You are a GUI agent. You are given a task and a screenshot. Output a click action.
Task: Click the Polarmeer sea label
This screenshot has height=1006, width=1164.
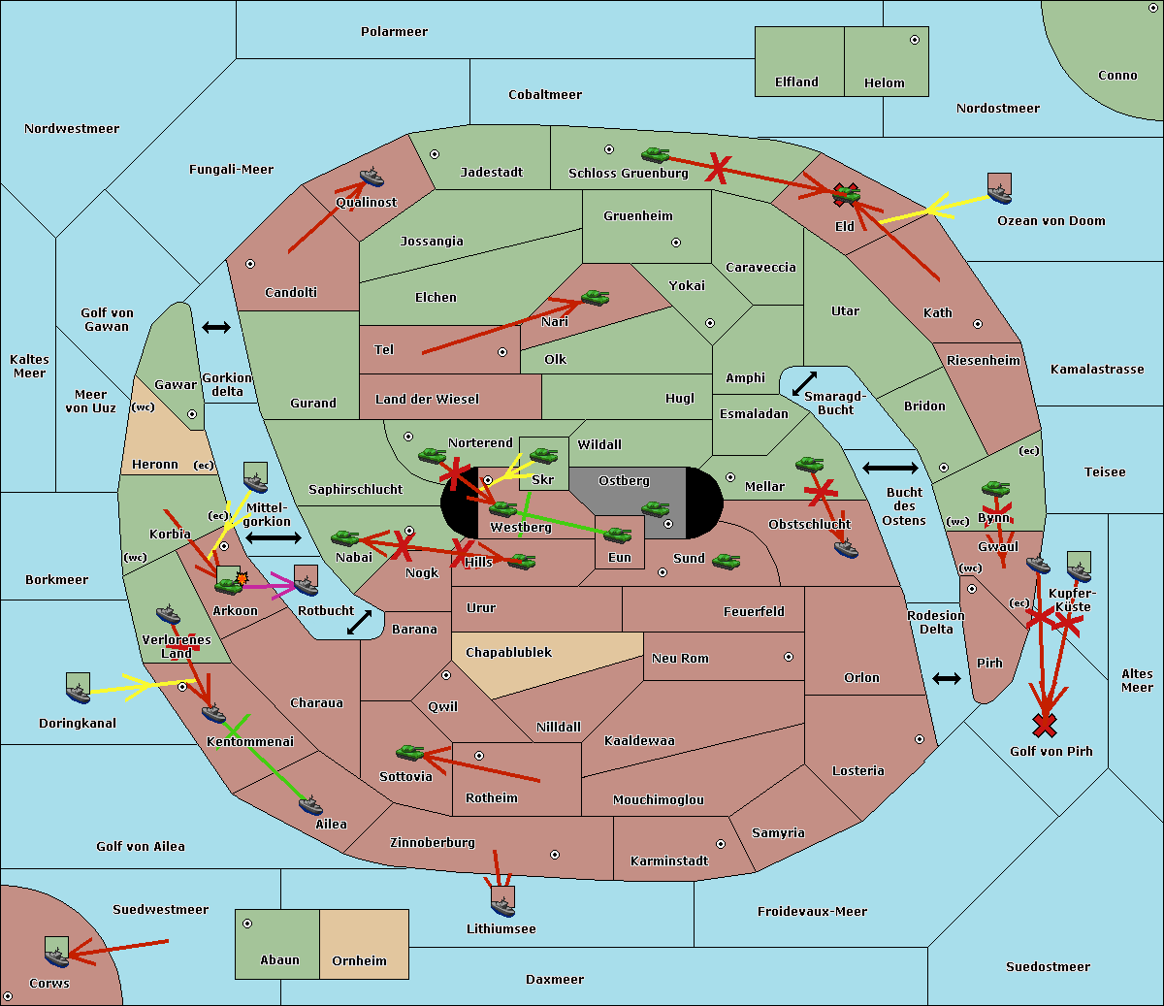(394, 32)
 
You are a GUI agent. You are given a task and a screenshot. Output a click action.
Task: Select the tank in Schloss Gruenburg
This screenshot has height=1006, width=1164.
(656, 154)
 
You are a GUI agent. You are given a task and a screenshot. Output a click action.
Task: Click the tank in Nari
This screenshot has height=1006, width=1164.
(596, 297)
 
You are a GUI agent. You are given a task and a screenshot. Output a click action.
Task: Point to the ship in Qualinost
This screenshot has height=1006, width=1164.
(372, 177)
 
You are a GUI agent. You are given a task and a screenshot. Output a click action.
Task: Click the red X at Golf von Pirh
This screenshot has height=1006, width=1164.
(1045, 726)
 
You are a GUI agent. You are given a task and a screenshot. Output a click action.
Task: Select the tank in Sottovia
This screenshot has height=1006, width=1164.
(410, 752)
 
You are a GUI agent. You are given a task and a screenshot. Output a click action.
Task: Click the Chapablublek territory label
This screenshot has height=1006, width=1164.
(508, 652)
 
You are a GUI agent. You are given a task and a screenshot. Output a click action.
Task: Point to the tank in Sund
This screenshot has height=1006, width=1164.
(727, 561)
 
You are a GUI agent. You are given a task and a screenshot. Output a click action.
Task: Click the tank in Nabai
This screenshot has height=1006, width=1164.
(345, 537)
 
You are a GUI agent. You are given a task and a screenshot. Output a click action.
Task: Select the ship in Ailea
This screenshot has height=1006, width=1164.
(310, 805)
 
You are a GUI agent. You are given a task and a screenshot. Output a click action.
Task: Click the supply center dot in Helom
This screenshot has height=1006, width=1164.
(915, 40)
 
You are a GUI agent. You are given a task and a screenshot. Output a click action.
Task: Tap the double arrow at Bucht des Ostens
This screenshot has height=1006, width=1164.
(890, 468)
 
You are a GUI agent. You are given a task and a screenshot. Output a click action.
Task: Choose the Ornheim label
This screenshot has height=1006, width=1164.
(359, 960)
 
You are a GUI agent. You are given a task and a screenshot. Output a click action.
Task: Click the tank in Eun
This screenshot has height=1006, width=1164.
(618, 535)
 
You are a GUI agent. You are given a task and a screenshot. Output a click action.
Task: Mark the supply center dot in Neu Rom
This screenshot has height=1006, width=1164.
(789, 657)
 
